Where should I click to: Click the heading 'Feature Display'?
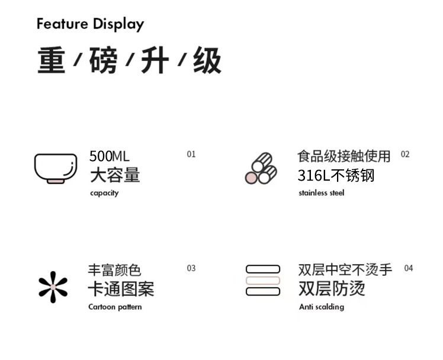90,24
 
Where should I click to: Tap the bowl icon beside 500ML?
56,168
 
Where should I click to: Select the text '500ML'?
109,156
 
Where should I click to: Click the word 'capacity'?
104,193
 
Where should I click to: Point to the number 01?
191,154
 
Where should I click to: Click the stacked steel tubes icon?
261,168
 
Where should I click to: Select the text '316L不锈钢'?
336,175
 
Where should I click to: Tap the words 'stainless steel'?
321,193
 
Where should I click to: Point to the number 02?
405,154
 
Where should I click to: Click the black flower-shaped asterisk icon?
53,287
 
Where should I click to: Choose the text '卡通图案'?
121,289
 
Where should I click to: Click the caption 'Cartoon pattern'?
115,307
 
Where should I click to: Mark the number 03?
191,268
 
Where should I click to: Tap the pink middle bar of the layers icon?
263,280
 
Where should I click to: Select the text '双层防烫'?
332,289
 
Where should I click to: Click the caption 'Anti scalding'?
321,307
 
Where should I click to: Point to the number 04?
409,268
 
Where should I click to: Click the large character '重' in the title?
52,61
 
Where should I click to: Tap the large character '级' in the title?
207,61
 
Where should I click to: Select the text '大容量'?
115,175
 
